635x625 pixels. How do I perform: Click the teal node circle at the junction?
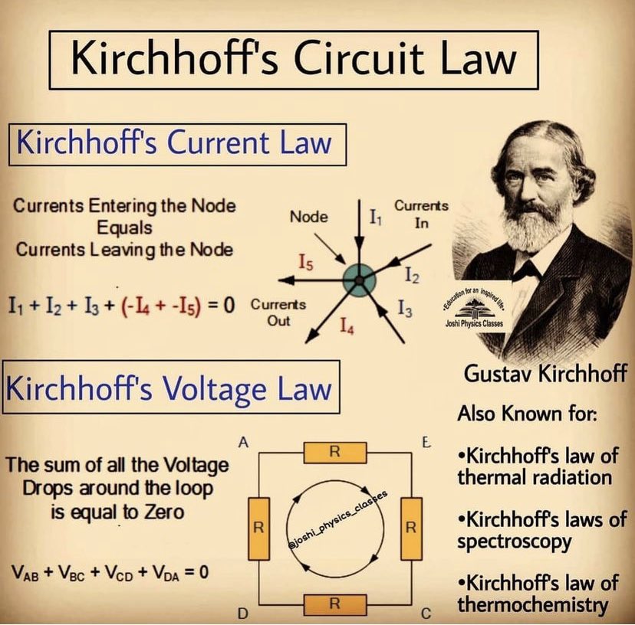(357, 280)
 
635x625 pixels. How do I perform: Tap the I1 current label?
(376, 218)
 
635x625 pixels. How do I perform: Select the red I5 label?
(306, 263)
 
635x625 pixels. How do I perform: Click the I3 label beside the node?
(406, 309)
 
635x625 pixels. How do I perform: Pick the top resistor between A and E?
(334, 452)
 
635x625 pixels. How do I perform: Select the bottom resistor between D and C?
(334, 604)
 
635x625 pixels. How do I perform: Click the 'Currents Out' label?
(278, 312)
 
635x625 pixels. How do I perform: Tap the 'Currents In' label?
(421, 214)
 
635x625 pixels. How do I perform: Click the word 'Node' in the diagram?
(309, 217)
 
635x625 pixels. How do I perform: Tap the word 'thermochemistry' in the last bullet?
(531, 605)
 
